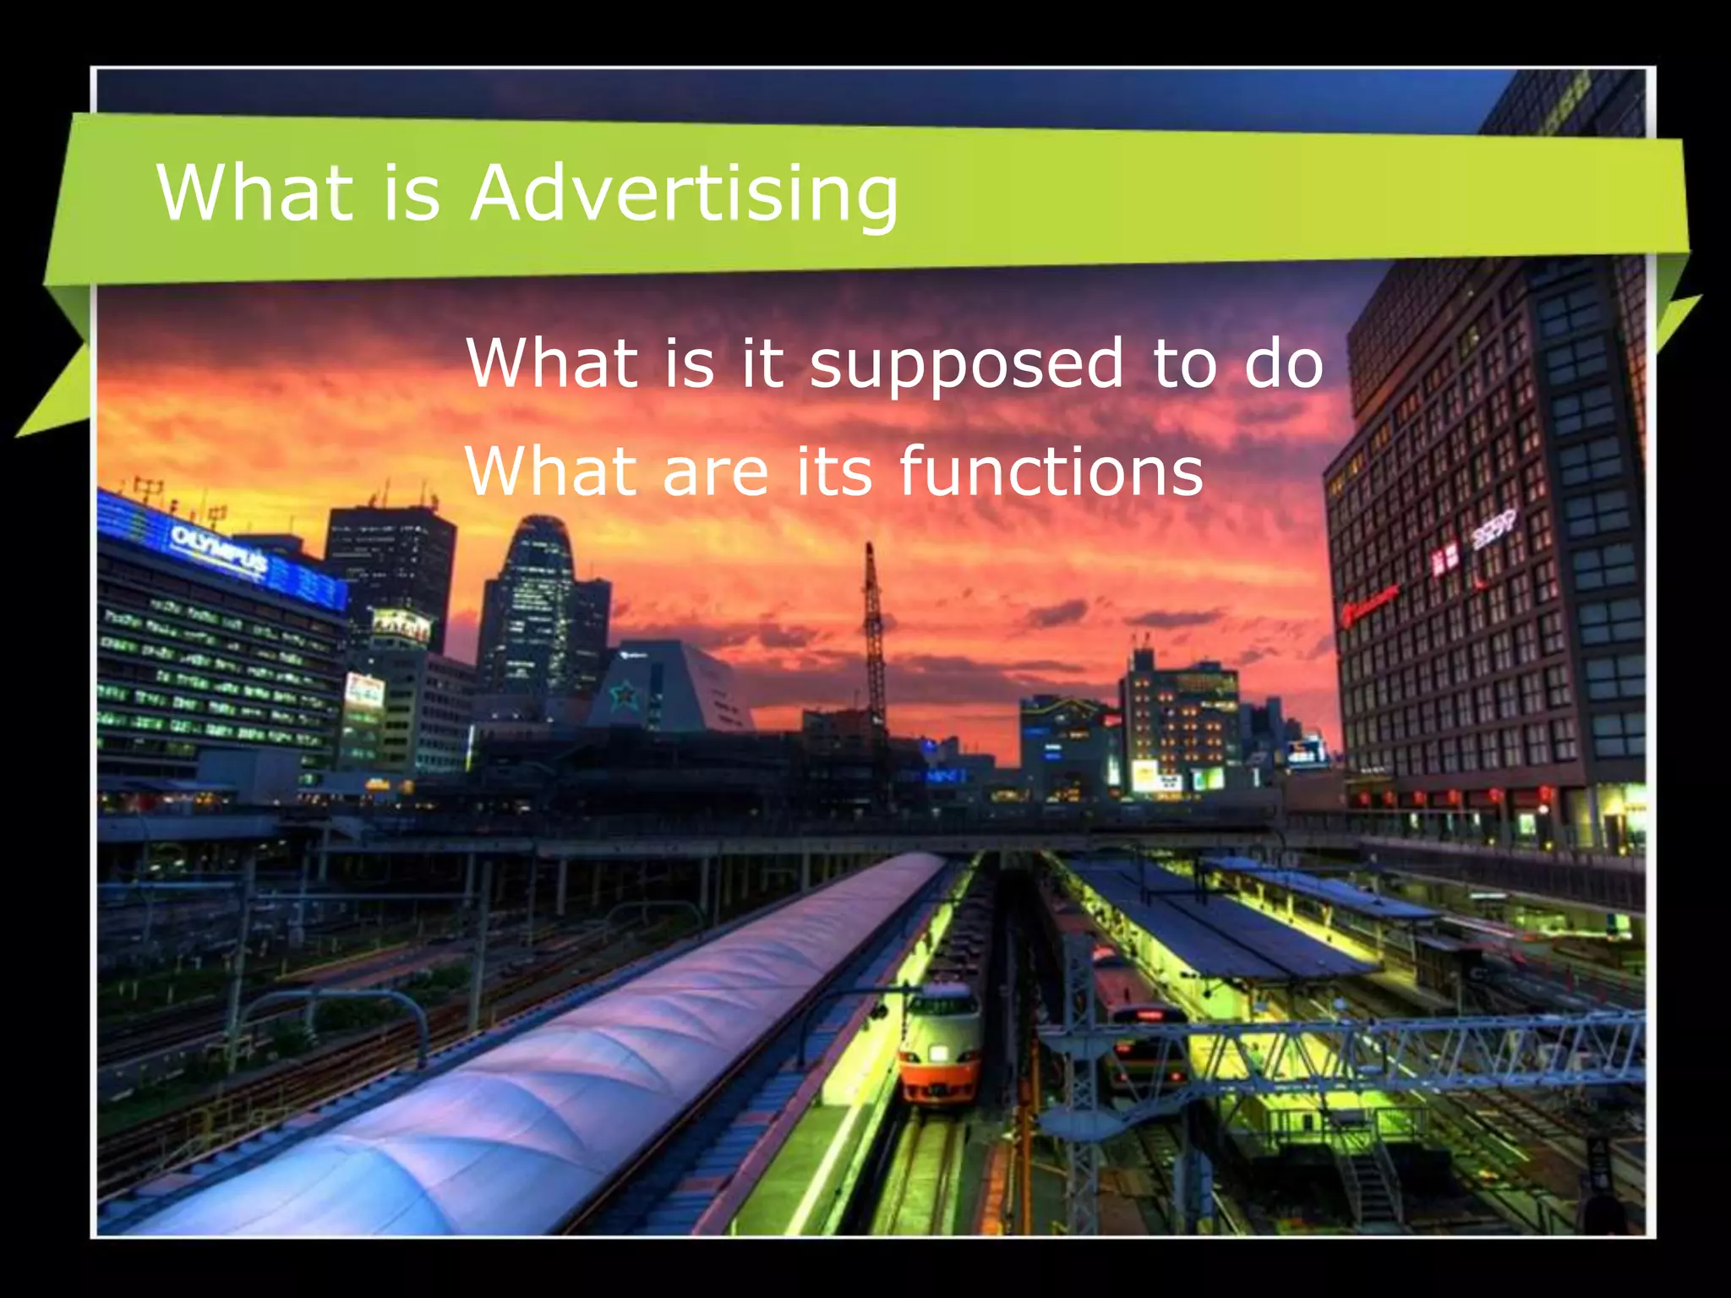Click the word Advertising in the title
click(685, 194)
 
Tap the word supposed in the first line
click(966, 365)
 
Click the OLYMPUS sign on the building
click(219, 548)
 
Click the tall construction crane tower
click(873, 642)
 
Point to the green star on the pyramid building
click(625, 695)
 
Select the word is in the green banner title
click(412, 194)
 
